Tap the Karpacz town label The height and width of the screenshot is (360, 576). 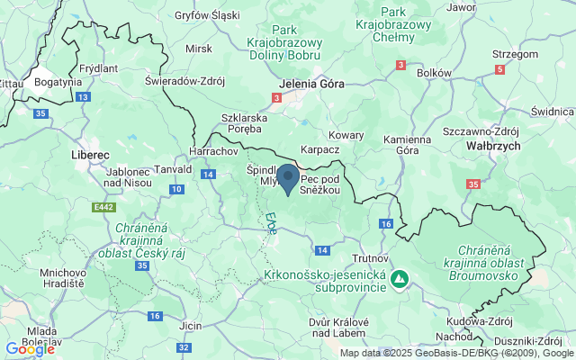coord(319,148)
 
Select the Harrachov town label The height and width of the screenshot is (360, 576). coord(213,151)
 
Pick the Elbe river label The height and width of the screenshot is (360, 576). coord(270,223)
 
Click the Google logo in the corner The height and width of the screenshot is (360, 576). coord(29,349)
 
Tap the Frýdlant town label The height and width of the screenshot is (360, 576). coord(99,67)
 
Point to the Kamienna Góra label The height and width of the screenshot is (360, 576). coord(407,146)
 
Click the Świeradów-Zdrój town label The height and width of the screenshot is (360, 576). coord(184,79)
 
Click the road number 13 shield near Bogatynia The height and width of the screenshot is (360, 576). coord(83,96)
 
